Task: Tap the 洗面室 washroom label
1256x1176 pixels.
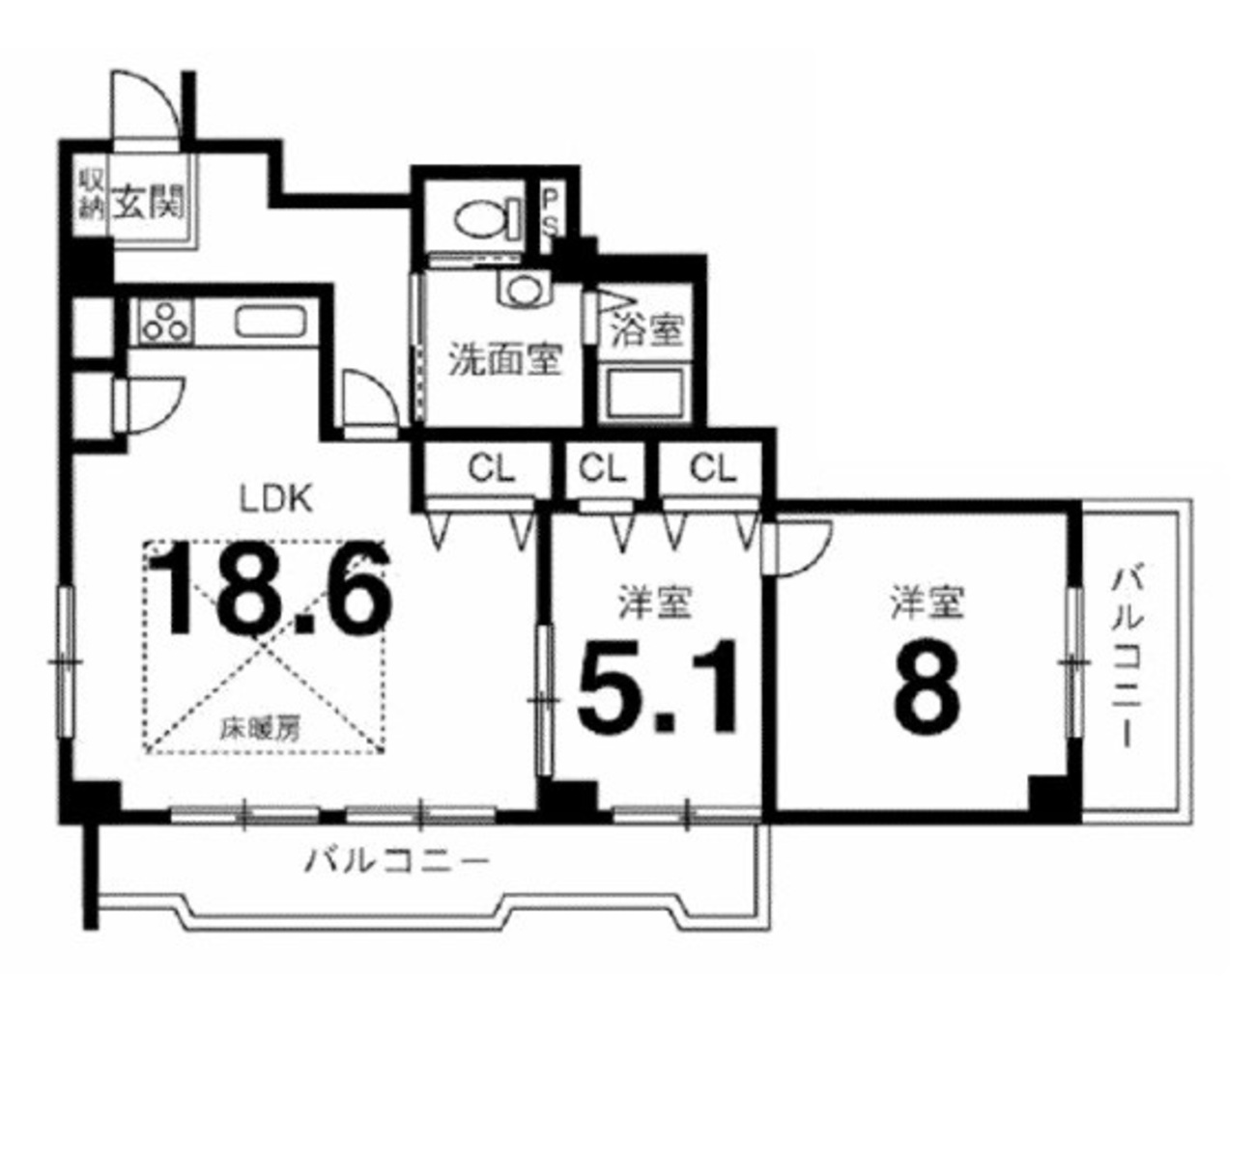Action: click(x=504, y=360)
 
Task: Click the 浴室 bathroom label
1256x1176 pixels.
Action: click(x=647, y=330)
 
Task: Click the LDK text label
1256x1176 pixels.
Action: click(x=275, y=499)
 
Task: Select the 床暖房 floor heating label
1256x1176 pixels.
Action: click(x=260, y=730)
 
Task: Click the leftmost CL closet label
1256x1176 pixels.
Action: click(x=491, y=469)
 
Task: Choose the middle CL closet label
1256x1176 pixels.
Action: click(x=602, y=469)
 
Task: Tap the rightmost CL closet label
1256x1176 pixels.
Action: click(x=713, y=469)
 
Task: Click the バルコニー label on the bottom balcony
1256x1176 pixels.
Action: click(x=396, y=862)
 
